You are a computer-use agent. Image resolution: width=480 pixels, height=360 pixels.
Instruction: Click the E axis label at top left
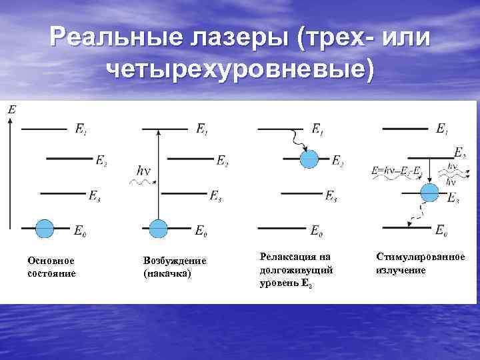click(12, 109)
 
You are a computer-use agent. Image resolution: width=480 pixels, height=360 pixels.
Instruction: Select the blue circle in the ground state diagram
click(44, 228)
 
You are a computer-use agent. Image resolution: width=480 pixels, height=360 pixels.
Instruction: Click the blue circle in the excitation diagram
click(158, 228)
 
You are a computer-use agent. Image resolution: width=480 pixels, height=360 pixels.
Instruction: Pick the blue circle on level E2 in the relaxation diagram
click(309, 159)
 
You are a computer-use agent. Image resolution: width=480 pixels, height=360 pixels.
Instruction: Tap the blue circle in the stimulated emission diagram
click(429, 193)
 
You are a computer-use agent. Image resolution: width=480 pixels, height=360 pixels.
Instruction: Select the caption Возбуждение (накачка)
click(175, 267)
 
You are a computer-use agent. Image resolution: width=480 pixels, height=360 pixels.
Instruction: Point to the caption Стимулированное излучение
click(421, 263)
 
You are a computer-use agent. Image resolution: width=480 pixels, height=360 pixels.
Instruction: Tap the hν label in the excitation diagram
click(143, 171)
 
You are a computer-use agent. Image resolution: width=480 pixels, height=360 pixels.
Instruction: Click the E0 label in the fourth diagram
click(441, 230)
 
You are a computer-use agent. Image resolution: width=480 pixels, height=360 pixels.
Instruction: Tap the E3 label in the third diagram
click(331, 196)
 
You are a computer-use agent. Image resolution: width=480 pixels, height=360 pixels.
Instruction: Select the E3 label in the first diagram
click(95, 196)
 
